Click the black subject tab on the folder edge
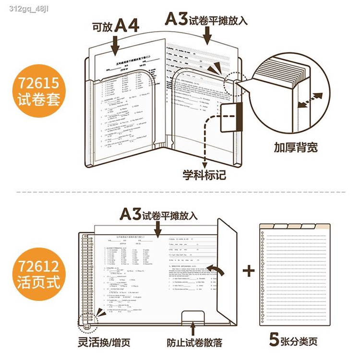239,117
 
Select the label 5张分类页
294,341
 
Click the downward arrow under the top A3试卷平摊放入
208,35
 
